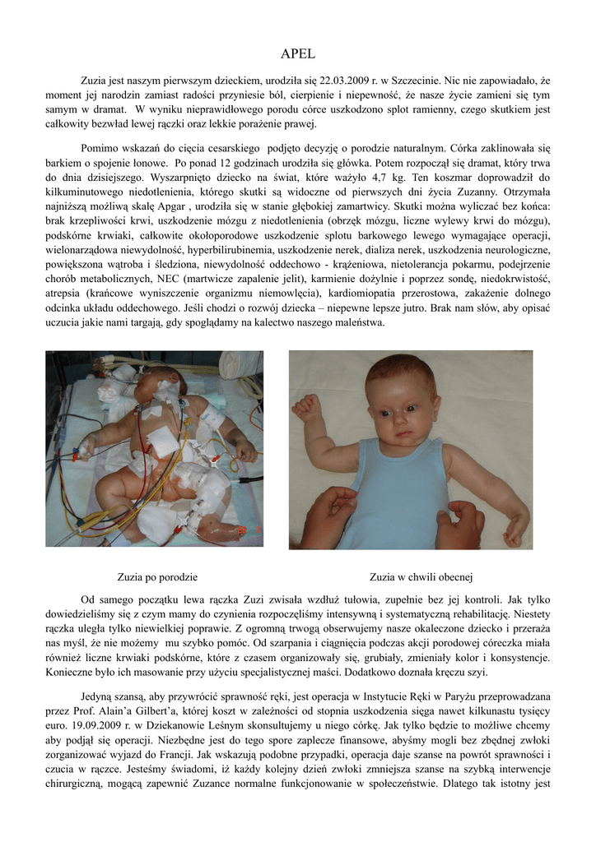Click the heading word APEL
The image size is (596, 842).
coord(297,54)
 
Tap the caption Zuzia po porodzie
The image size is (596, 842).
coord(157,576)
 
